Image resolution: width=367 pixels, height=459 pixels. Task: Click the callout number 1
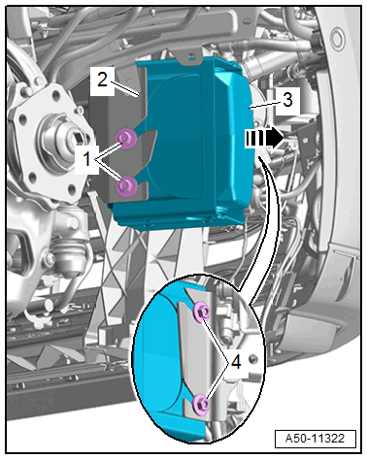86,159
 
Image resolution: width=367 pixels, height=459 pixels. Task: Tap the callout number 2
102,79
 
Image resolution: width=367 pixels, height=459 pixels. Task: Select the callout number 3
287,100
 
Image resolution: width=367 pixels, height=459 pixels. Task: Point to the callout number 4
236,362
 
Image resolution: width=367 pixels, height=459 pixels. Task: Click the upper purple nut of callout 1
126,139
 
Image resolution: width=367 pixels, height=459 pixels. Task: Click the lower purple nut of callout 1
126,186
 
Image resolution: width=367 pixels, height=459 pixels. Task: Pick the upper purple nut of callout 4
202,311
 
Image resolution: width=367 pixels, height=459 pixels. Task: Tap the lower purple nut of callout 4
201,404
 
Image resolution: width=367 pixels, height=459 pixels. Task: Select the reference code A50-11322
315,439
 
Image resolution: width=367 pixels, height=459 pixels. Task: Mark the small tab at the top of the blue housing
192,57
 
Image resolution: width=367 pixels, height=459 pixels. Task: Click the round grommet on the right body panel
338,39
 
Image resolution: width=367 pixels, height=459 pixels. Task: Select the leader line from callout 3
266,104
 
